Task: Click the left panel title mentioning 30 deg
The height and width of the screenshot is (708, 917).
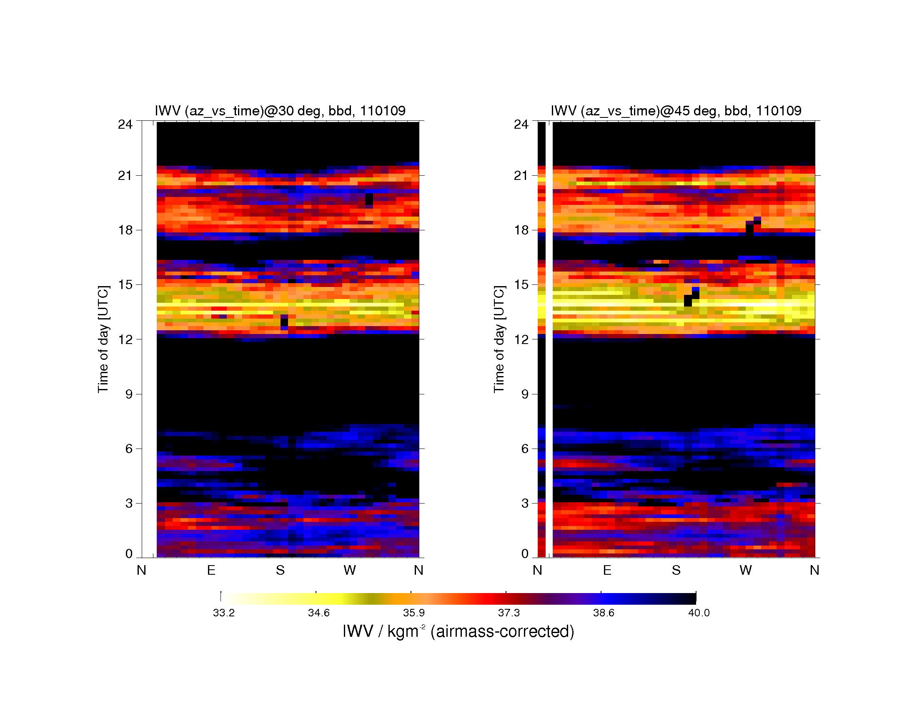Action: [280, 111]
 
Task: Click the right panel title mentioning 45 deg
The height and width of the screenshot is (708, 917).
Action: [676, 111]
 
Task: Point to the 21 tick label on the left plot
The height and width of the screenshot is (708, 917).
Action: [125, 175]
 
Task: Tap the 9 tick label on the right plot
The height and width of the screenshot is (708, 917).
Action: [525, 394]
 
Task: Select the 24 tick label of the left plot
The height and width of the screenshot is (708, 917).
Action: [125, 124]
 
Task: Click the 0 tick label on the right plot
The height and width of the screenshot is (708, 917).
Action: [525, 553]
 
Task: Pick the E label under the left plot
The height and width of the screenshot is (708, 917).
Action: [211, 570]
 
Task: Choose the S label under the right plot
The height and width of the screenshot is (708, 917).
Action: [676, 570]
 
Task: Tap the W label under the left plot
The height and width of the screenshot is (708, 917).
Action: [350, 570]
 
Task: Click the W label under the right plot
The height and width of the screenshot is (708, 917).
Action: [746, 570]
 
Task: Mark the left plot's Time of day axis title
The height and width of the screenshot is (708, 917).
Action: [103, 339]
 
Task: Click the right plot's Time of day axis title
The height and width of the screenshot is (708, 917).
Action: [499, 339]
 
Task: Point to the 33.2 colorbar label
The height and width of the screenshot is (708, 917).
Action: [224, 613]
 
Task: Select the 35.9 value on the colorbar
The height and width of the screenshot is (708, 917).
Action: [414, 613]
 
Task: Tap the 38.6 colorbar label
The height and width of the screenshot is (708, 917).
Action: [604, 613]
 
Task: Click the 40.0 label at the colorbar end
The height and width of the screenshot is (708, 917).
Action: [699, 613]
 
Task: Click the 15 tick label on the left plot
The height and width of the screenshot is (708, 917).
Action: [125, 284]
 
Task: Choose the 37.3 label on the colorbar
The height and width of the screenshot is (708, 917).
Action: [509, 613]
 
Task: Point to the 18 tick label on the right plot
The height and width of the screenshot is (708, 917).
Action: [521, 230]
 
